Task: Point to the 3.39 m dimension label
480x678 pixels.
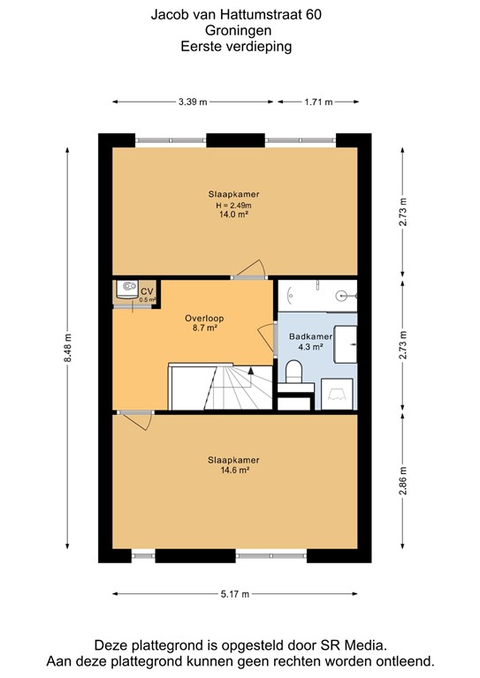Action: (x=192, y=102)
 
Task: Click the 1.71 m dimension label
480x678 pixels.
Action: (x=318, y=102)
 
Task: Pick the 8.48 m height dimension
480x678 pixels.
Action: (x=67, y=345)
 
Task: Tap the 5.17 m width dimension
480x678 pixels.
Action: (x=235, y=593)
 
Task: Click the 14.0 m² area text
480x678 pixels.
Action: (x=233, y=214)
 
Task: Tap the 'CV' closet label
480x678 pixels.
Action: (x=147, y=290)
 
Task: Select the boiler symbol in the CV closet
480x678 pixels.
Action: (x=127, y=288)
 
